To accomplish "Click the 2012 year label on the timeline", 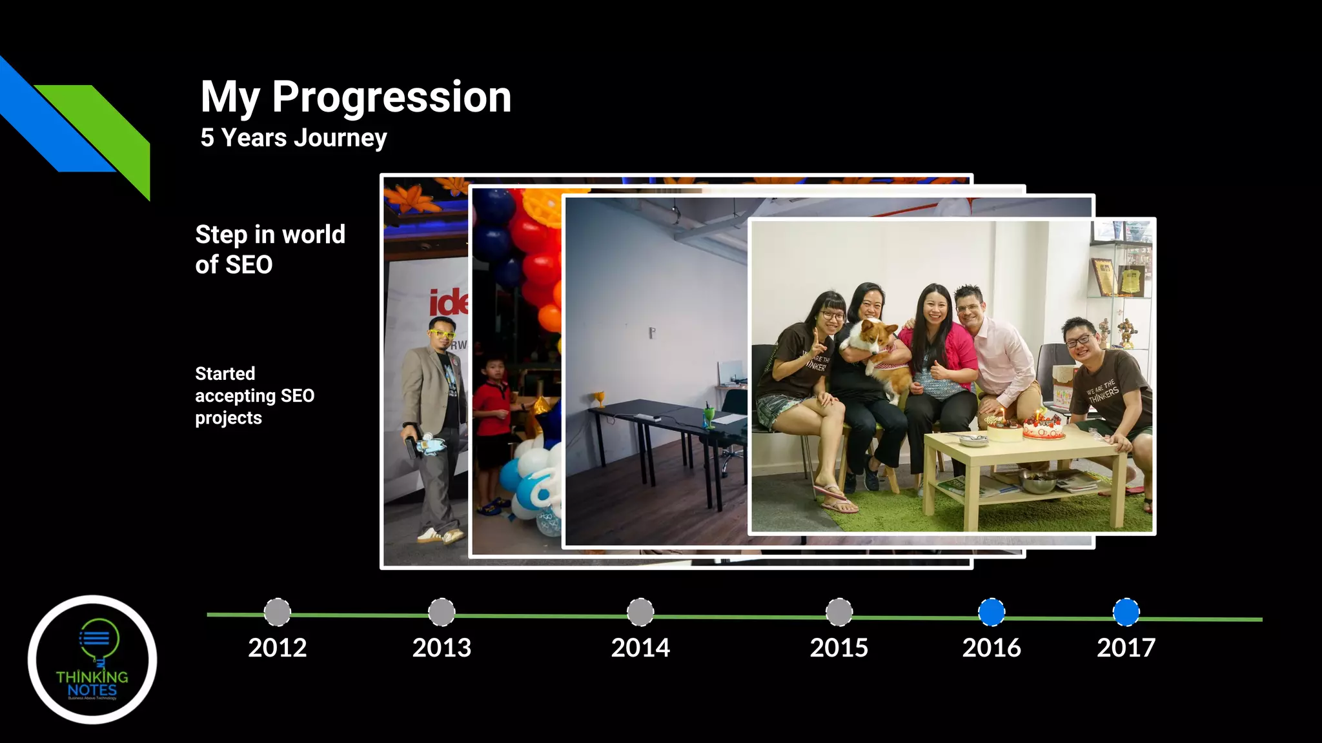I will (x=278, y=648).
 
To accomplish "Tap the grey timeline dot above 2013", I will (x=442, y=612).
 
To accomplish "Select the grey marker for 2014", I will (x=640, y=612).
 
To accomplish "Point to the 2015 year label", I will (x=839, y=648).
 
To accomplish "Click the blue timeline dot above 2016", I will (x=991, y=612).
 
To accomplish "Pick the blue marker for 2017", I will (x=1126, y=612).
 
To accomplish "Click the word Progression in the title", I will (x=391, y=97).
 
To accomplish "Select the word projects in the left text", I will (x=229, y=418).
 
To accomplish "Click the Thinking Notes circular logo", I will (x=92, y=659).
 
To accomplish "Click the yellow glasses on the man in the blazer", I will (x=442, y=334).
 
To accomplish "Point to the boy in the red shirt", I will (x=492, y=413).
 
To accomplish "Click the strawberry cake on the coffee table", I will (x=1042, y=426).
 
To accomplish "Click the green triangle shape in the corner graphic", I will (x=107, y=129).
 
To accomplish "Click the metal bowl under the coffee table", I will (x=1038, y=481).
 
